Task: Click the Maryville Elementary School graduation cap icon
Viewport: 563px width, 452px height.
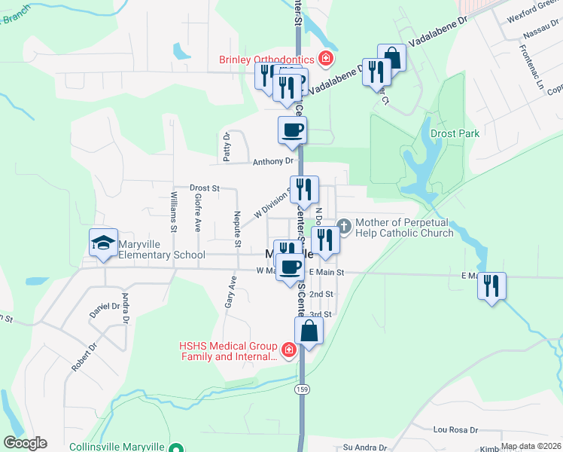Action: point(104,243)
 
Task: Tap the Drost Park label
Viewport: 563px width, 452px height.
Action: point(455,133)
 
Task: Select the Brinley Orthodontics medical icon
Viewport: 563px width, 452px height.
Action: point(326,58)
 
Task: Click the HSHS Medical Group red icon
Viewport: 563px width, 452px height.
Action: point(288,350)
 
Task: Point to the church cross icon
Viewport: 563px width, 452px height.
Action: point(344,225)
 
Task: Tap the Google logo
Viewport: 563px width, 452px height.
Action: point(25,443)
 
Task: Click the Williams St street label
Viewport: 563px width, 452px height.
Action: point(174,211)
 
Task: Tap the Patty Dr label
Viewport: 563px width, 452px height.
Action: point(226,147)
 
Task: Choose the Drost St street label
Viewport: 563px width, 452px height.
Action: point(204,188)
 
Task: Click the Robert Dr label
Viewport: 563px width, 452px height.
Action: point(84,358)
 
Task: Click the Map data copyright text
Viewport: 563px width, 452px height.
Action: point(531,446)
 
